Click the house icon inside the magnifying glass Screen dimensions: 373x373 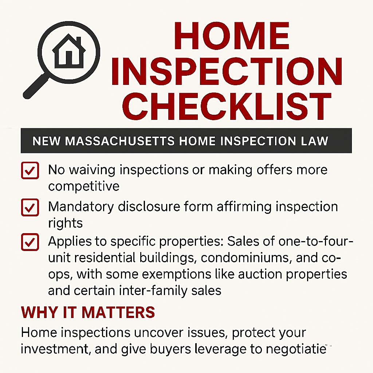coord(69,51)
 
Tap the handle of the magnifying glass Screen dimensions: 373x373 coord(36,86)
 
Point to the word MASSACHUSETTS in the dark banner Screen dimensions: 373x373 coord(120,141)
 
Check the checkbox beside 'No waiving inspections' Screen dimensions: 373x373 coord(30,170)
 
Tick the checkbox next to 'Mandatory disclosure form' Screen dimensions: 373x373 coord(30,207)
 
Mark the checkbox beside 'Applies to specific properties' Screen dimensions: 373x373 coord(30,242)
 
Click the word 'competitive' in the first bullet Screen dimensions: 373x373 coord(84,186)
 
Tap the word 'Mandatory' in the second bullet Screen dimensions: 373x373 coord(81,207)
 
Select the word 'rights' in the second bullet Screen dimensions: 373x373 coord(66,223)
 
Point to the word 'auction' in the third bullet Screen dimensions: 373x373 coord(259,274)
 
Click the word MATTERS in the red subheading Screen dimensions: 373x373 coord(118,312)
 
